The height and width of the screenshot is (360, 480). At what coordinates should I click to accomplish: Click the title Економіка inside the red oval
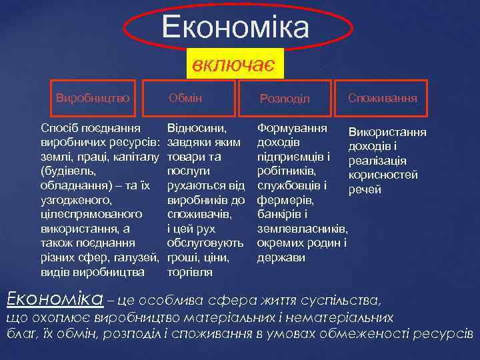point(235,28)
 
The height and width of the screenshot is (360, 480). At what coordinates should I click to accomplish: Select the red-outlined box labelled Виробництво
point(93,98)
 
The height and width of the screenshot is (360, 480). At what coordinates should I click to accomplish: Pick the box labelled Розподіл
point(285,99)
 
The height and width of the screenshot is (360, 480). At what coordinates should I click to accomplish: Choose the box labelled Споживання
point(383,98)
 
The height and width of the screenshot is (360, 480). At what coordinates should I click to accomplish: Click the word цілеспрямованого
point(91,215)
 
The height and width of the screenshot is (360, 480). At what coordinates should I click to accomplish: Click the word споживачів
point(199,215)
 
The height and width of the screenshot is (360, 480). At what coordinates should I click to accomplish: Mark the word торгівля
point(189,272)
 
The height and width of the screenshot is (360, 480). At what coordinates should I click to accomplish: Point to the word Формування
point(292,127)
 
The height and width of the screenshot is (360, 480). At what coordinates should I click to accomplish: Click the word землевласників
point(303,229)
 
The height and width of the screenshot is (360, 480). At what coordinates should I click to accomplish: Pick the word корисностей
point(383,175)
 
